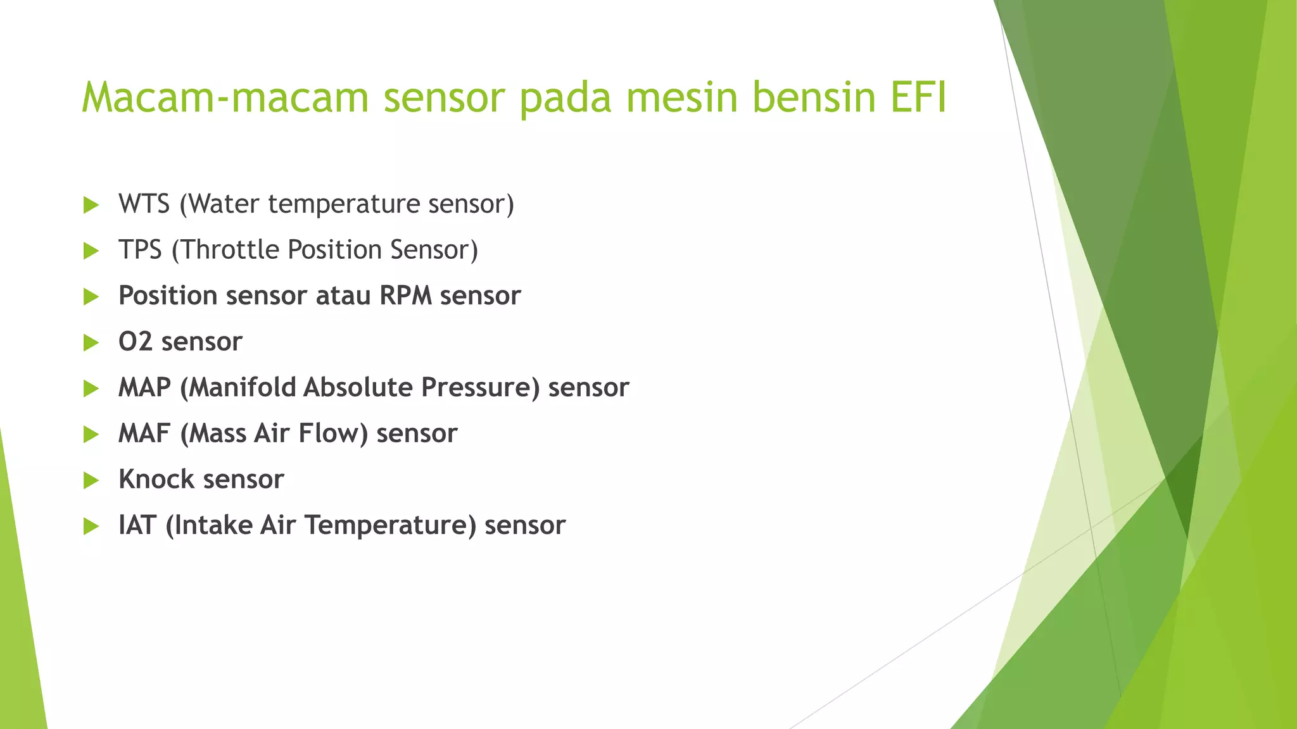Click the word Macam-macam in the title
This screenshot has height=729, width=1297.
click(225, 98)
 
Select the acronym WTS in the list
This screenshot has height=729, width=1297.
click(144, 204)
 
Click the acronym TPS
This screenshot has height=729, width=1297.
click(140, 250)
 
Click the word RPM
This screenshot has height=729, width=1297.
click(405, 296)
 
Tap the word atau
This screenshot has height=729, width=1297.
click(343, 296)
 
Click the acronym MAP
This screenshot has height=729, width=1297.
click(144, 388)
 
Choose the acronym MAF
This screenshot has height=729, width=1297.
click(144, 434)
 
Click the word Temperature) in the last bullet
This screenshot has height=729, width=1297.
click(390, 526)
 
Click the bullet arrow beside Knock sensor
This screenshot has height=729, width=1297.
click(91, 481)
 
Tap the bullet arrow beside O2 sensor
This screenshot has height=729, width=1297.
click(91, 343)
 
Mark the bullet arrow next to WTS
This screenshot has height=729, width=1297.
click(91, 205)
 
